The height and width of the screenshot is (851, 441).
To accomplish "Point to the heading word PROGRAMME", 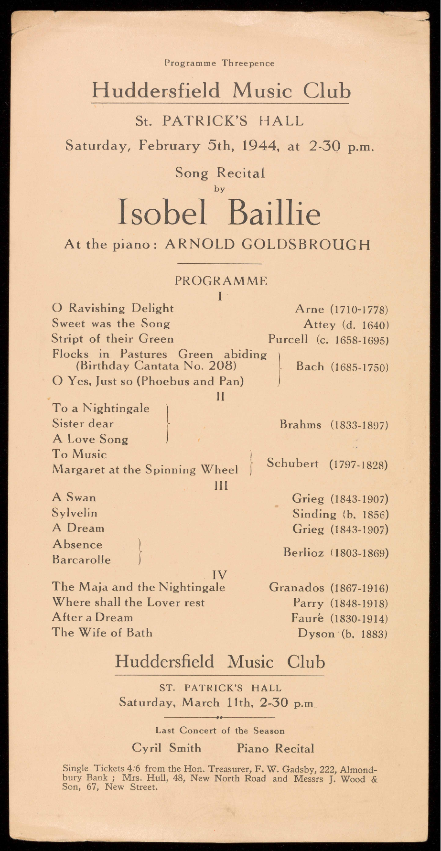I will pos(221,281).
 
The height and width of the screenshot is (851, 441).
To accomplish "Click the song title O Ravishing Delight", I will pos(113,309).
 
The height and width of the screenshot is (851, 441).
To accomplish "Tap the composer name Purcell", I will pos(288,339).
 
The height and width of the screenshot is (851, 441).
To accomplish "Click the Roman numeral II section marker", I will pos(220,396).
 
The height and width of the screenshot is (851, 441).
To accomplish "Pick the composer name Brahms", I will pos(301,424).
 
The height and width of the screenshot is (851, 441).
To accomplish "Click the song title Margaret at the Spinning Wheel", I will pos(145,470).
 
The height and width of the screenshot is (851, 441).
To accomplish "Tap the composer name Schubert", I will pos(292,463).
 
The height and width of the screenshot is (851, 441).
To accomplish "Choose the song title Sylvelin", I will pos(75,513).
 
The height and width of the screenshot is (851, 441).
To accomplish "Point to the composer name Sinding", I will pos(314,514).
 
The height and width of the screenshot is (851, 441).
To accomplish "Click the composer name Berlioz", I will pos(303,553).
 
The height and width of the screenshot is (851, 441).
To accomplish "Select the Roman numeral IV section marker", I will pos(220,574).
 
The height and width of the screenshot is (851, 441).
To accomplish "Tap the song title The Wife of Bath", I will pos(102,633).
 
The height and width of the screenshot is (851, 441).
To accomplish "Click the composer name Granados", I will pos(297,587).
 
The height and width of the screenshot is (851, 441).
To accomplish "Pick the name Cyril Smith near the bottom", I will pos(166,748).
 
